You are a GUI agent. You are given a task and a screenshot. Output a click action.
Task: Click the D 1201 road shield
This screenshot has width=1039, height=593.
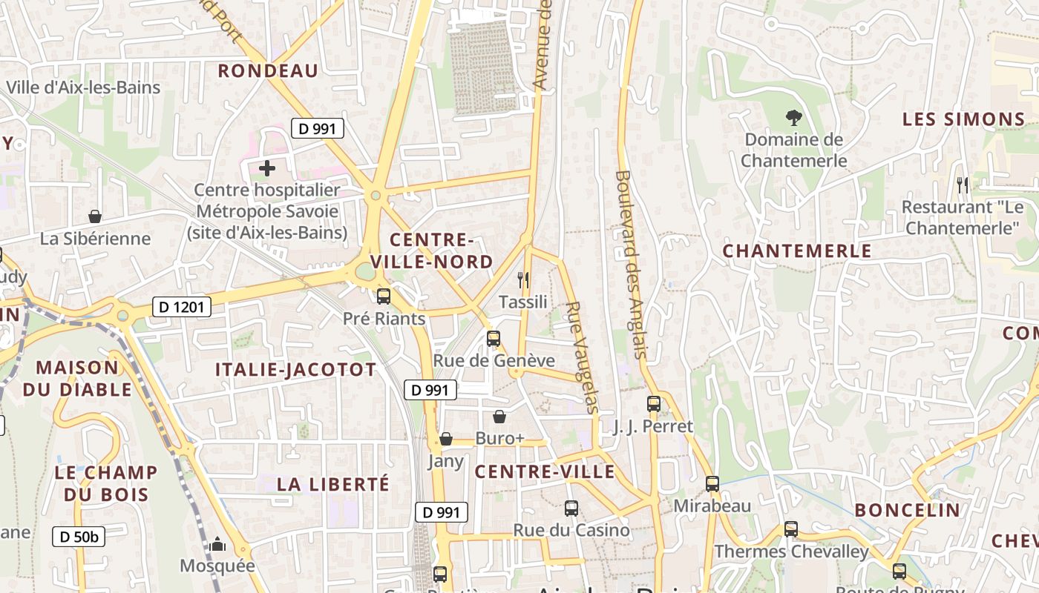[182, 306]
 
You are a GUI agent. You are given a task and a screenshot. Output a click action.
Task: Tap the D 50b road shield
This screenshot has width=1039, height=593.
[79, 537]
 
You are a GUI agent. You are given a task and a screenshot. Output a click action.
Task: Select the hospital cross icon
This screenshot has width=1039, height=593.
[267, 168]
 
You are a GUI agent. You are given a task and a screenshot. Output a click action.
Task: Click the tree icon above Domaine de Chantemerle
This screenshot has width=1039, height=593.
[793, 117]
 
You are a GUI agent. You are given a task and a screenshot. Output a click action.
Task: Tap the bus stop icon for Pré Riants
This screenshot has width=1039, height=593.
[384, 296]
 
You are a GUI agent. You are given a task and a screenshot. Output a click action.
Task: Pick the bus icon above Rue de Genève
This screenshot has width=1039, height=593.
[494, 339]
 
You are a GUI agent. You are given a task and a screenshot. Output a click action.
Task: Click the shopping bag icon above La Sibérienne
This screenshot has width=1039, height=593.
[95, 216]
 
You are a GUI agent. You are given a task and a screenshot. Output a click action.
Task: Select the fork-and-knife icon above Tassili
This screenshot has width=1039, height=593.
[523, 279]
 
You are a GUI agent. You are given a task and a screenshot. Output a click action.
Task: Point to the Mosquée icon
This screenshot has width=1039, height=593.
[217, 545]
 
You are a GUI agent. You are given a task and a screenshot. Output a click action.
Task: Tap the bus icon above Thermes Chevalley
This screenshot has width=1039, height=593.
[791, 529]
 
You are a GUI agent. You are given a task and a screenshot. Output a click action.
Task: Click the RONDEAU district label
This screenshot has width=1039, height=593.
[268, 71]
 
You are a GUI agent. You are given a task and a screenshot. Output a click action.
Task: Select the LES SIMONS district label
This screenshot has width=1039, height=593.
[963, 119]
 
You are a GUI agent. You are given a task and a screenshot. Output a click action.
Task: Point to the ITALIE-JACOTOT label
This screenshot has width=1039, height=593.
[295, 370]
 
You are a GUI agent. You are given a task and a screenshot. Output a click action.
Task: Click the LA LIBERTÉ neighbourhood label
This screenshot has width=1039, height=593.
[333, 484]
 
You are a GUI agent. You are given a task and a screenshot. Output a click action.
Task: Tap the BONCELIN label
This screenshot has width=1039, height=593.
[907, 510]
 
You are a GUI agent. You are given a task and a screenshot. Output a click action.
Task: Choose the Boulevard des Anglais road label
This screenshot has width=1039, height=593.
[632, 266]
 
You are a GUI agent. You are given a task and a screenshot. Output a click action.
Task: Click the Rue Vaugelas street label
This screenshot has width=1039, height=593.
[582, 357]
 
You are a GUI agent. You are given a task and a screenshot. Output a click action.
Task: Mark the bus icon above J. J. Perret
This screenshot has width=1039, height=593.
[654, 404]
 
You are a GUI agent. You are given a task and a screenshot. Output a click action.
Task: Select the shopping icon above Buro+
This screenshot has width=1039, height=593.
[499, 417]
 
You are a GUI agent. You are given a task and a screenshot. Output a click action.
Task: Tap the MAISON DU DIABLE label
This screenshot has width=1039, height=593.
[77, 378]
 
